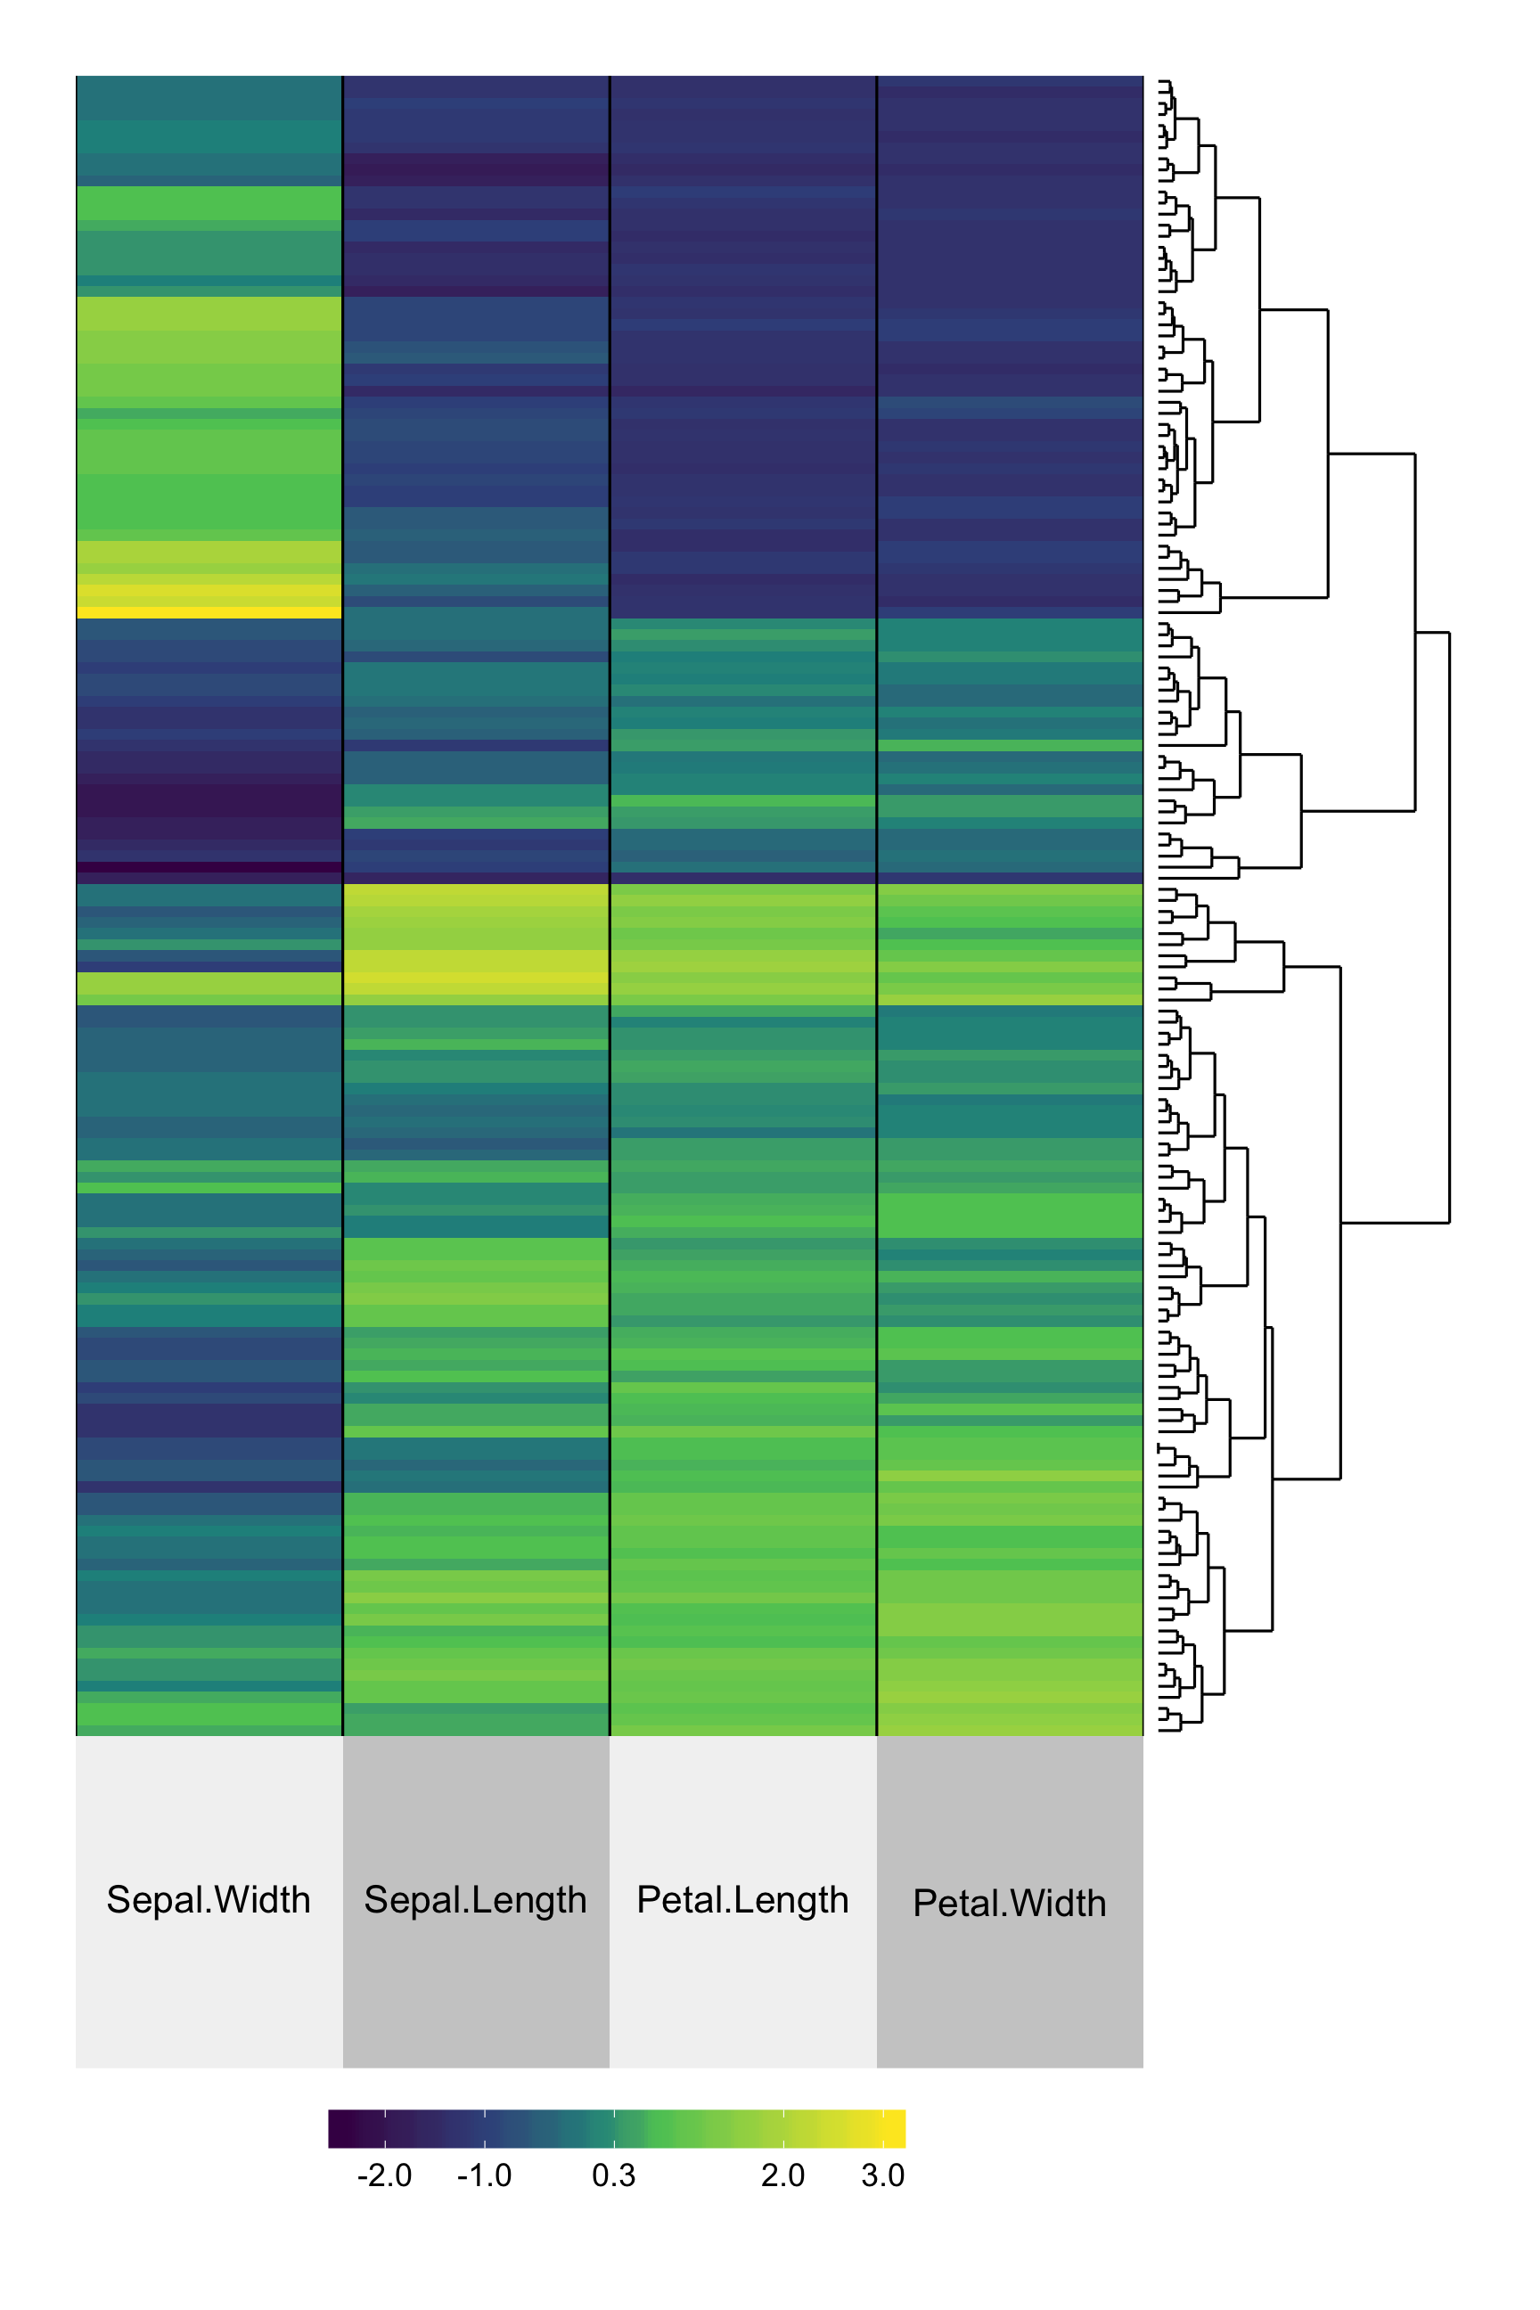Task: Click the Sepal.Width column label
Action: (x=209, y=1899)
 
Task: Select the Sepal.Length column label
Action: (x=475, y=1899)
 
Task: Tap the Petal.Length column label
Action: (x=742, y=1899)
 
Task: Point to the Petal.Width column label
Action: (x=1010, y=1904)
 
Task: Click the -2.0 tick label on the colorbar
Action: (x=384, y=2175)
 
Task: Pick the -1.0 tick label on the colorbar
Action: (x=484, y=2175)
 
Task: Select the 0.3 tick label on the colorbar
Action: (x=614, y=2175)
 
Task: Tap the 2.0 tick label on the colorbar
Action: (x=782, y=2175)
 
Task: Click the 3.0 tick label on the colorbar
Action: (x=883, y=2175)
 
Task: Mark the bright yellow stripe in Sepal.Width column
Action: (x=209, y=613)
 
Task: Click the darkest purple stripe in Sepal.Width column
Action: (x=209, y=867)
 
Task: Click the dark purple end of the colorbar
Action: (x=337, y=2128)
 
